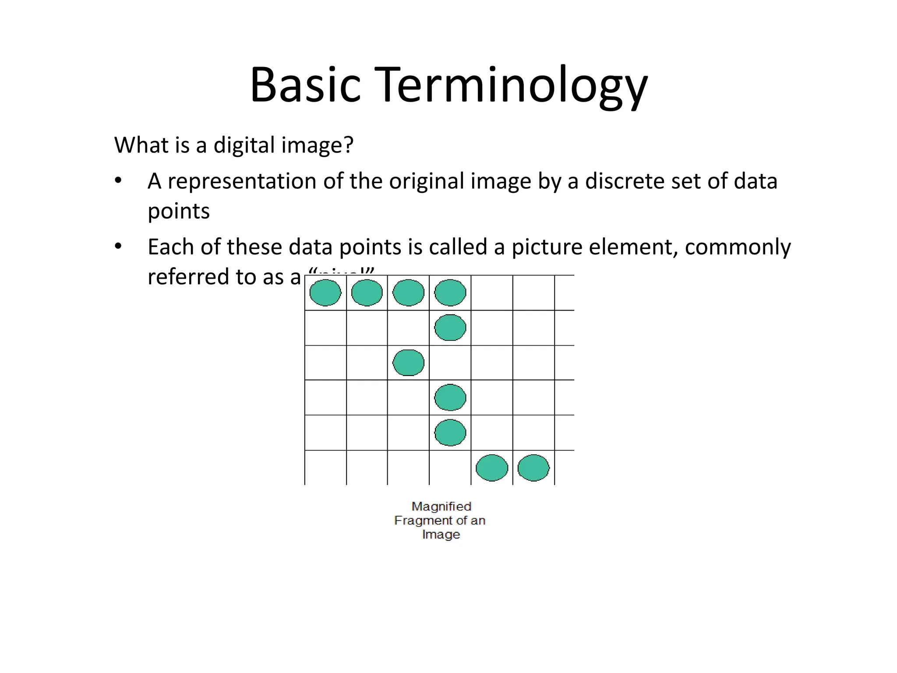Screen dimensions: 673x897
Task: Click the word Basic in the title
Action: (305, 85)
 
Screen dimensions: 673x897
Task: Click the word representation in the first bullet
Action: (242, 181)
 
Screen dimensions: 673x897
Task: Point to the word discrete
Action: (625, 181)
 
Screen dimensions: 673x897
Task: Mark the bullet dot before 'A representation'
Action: (117, 181)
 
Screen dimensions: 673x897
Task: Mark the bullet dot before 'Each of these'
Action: (117, 247)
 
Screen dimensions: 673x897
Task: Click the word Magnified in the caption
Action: (441, 507)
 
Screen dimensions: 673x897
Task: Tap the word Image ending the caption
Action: (441, 535)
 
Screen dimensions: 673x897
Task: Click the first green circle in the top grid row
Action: (325, 293)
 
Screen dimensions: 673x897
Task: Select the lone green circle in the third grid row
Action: (408, 363)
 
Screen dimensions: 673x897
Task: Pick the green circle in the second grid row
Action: (450, 328)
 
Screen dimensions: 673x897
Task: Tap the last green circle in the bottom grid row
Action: (533, 468)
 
